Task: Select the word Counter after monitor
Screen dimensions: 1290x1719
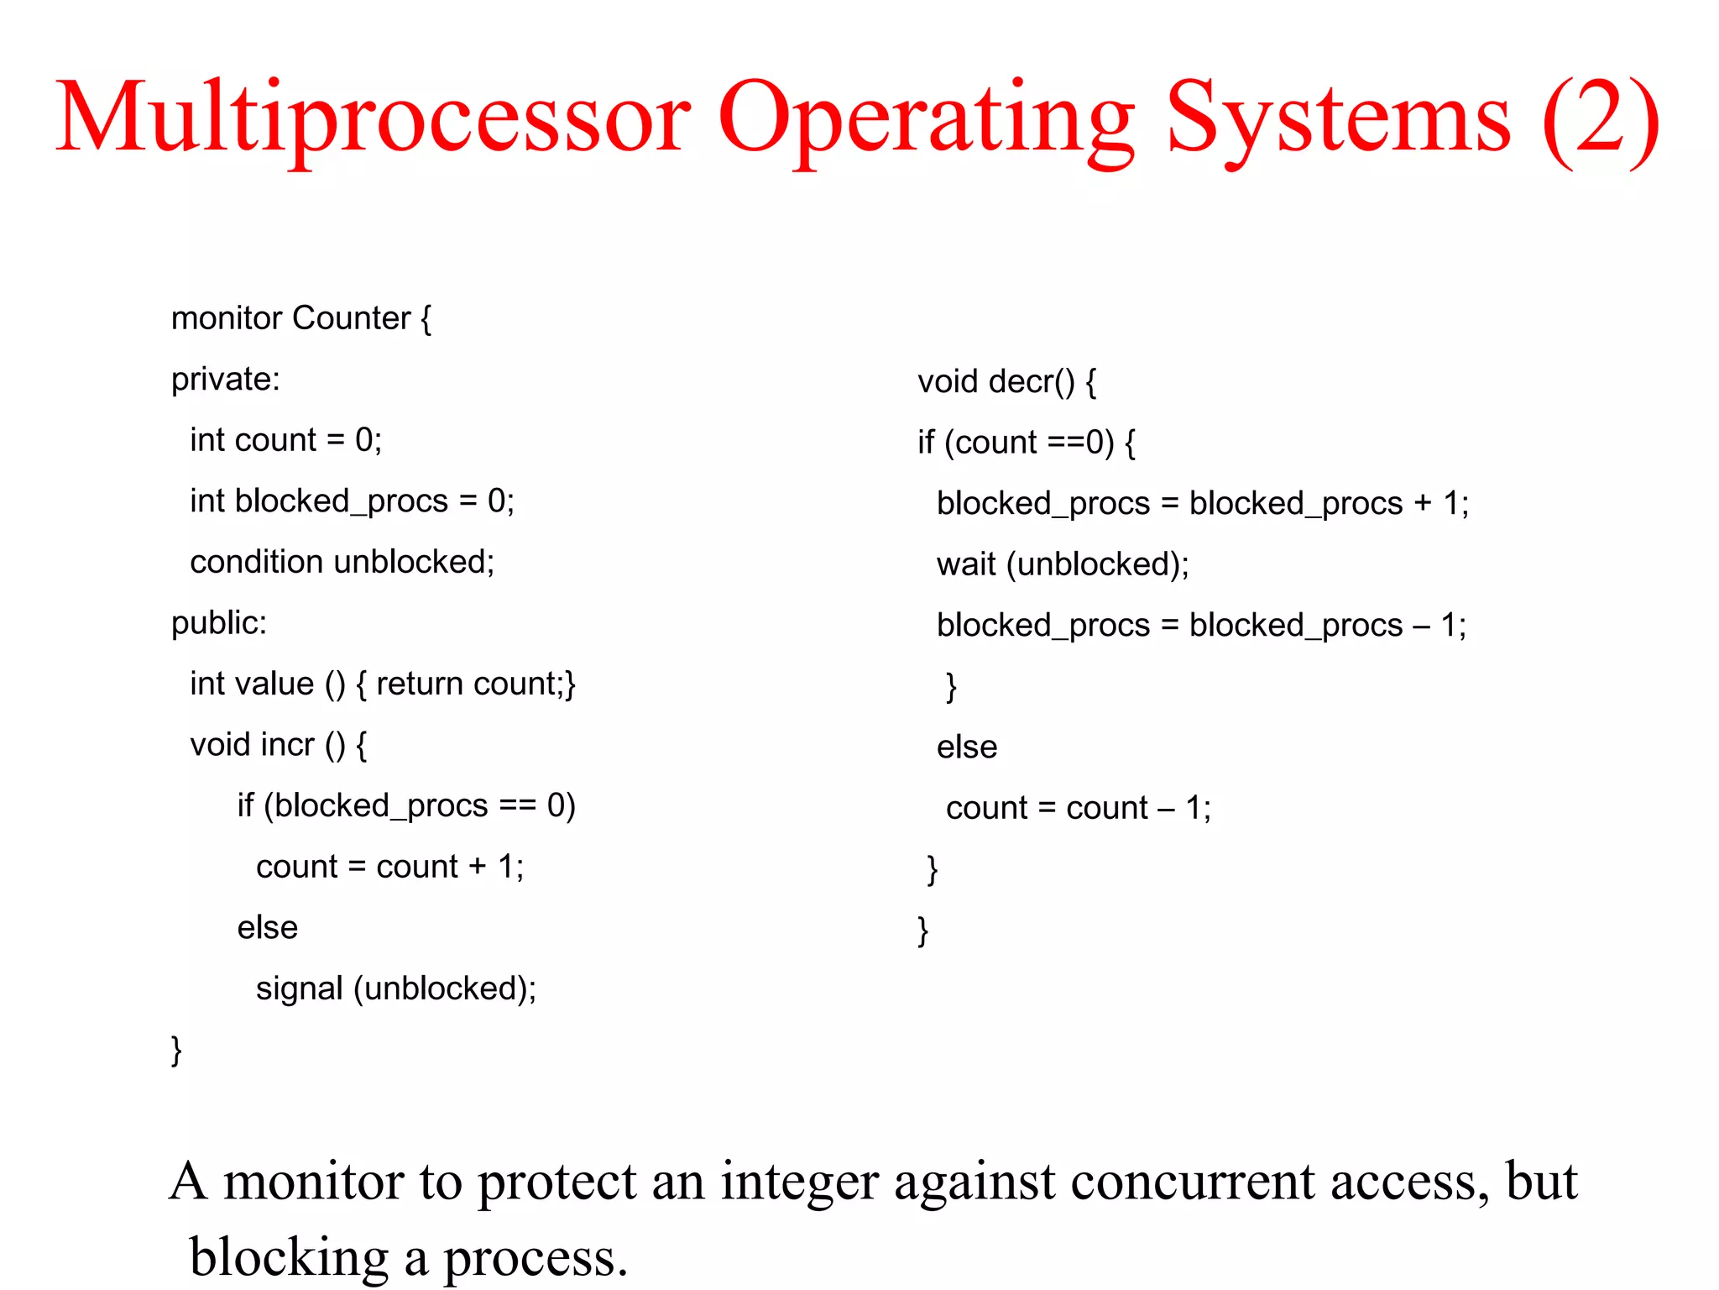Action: click(x=351, y=318)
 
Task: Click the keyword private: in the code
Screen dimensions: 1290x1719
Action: click(x=225, y=380)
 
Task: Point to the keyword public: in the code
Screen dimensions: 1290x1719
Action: click(x=218, y=623)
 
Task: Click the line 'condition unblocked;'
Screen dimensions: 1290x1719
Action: click(x=342, y=562)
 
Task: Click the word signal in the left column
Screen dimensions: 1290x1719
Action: click(x=299, y=988)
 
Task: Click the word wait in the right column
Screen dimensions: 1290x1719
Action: click(x=966, y=564)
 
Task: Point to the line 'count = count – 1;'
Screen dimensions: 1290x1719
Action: click(x=1078, y=808)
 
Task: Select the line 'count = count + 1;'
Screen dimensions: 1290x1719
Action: click(x=389, y=867)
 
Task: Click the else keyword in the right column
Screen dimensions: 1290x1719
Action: click(x=966, y=747)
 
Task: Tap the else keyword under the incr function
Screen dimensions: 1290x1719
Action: click(x=267, y=928)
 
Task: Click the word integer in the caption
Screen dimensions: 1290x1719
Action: click(x=799, y=1182)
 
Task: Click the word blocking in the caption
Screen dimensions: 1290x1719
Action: click(x=289, y=1258)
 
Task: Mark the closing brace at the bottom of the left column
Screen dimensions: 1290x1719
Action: click(x=176, y=1051)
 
